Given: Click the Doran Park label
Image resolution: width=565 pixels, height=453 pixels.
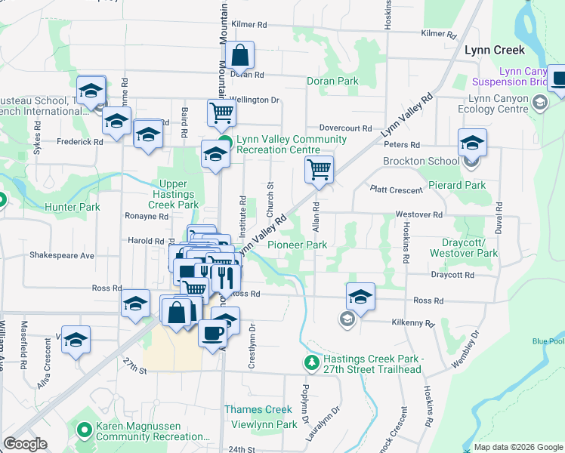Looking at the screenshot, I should (332, 81).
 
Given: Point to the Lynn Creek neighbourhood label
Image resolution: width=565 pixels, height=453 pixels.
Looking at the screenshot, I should (495, 49).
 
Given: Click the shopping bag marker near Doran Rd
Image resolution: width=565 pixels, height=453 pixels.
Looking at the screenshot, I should (239, 56).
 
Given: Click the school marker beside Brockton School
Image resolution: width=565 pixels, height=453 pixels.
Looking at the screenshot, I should (472, 142).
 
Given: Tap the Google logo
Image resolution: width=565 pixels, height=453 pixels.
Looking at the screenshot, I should (25, 444).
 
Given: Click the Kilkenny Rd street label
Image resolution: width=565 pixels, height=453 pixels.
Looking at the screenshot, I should (412, 323).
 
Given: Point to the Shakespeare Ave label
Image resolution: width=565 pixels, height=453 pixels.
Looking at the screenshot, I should (62, 255).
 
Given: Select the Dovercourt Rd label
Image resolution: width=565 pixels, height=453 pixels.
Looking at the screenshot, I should (345, 129).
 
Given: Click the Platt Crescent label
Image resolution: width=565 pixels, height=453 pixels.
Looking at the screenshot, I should (396, 189).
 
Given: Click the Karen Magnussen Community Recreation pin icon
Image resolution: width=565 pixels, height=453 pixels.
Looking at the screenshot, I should (85, 431).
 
